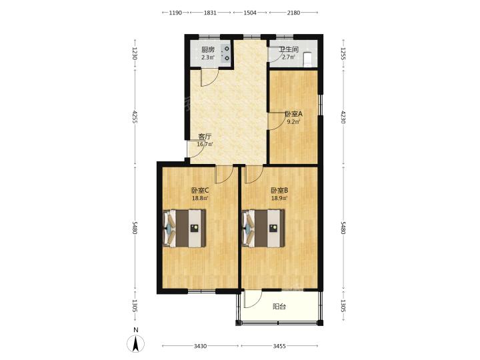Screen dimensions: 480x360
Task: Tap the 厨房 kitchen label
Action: click(208, 49)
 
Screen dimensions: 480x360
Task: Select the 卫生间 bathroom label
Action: click(289, 49)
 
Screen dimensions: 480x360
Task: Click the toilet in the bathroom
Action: click(307, 59)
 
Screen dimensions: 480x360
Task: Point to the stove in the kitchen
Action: click(225, 53)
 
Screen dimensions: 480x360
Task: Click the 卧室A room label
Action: click(293, 114)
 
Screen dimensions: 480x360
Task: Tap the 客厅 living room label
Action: click(205, 137)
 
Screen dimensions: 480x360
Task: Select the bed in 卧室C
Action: click(184, 229)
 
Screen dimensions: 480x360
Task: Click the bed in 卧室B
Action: click(263, 229)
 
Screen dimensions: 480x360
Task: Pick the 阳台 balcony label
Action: click(279, 307)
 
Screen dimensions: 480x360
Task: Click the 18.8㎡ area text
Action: click(200, 198)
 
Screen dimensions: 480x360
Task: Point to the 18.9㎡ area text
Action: click(279, 198)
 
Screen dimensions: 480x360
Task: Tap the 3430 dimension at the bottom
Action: click(200, 346)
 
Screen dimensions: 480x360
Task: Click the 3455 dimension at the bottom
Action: click(279, 346)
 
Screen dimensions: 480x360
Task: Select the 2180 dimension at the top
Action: click(293, 13)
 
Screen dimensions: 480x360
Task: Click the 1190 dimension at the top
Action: click(176, 13)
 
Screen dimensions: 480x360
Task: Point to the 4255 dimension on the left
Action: click(135, 117)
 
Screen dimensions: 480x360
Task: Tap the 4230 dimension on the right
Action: click(343, 117)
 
